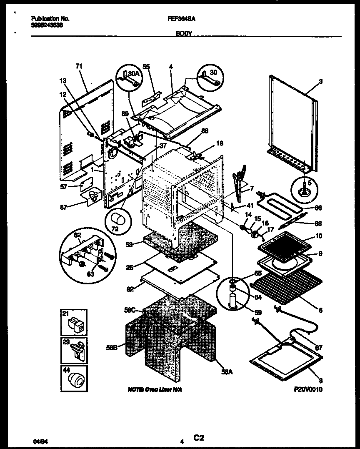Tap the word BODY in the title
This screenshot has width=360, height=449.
184,34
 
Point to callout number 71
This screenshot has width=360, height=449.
79,66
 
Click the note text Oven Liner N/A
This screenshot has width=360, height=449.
155,389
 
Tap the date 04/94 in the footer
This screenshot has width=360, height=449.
38,439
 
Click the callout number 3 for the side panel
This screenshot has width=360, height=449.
320,81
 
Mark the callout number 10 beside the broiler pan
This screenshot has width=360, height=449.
319,236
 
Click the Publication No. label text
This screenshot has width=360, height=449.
50,19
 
